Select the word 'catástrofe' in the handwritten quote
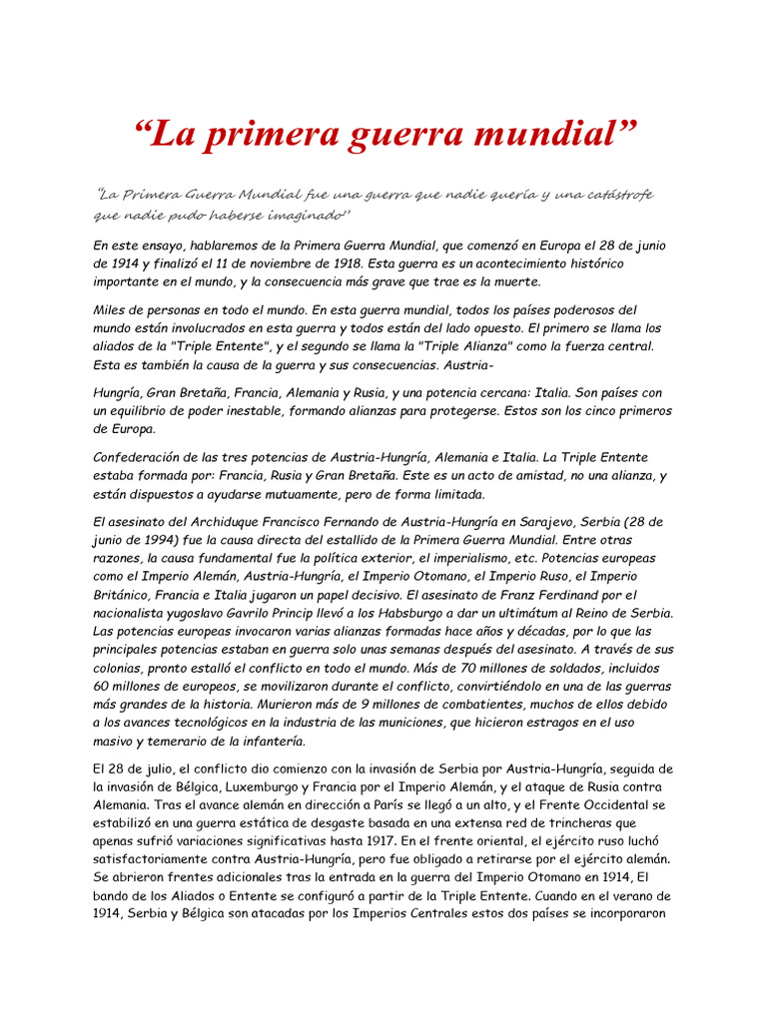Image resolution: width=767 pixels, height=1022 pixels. coord(614,194)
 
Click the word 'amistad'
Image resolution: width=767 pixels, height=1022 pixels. coord(525,476)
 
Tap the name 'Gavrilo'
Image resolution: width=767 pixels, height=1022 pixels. coord(308,613)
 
